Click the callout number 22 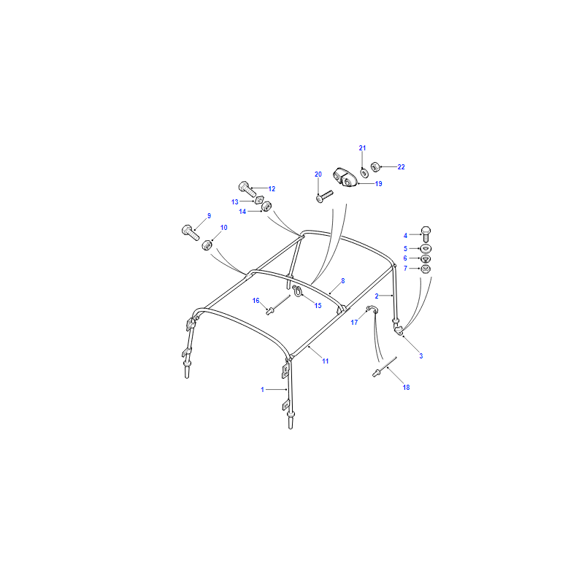click(x=401, y=167)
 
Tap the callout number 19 click(x=378, y=184)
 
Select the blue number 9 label click(x=209, y=215)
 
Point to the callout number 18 click(x=406, y=388)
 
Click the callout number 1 click(x=262, y=390)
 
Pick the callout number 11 click(x=325, y=361)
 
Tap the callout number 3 click(x=421, y=356)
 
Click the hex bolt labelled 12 click(x=247, y=189)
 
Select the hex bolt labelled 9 click(x=191, y=233)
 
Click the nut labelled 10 click(x=207, y=245)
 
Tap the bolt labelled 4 click(x=426, y=234)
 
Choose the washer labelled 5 click(x=426, y=248)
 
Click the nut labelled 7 click(x=426, y=269)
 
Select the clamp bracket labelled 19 click(x=345, y=177)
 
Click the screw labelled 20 click(x=324, y=196)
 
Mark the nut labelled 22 click(x=375, y=167)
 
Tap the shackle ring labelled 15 click(x=297, y=291)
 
